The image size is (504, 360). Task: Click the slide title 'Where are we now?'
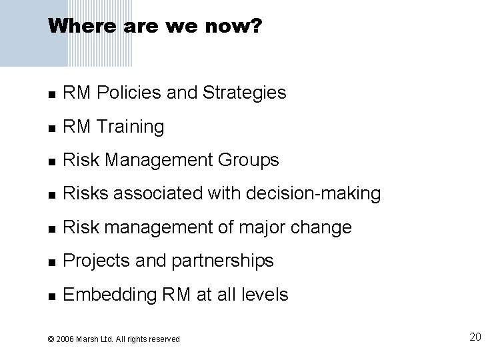(155, 26)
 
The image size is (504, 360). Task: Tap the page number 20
(475, 337)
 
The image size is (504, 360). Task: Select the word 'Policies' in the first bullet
(125, 93)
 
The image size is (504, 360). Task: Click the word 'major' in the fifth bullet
(257, 227)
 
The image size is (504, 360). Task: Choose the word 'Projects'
(93, 261)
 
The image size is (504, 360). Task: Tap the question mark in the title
(257, 26)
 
